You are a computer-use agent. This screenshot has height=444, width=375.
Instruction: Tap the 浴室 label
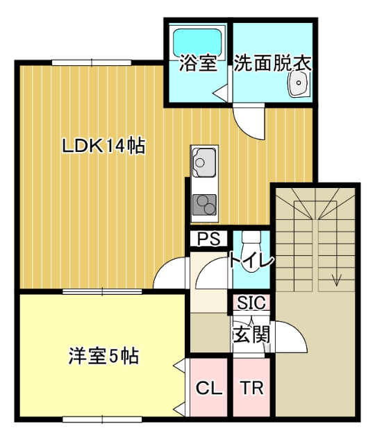[194, 64]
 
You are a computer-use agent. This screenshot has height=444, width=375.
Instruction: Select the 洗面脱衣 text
[271, 64]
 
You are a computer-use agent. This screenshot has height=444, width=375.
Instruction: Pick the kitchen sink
[202, 163]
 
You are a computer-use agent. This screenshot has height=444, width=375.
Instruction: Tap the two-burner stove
[203, 204]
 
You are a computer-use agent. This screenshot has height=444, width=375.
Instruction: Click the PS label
[208, 239]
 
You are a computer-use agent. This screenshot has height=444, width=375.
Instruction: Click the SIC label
[250, 303]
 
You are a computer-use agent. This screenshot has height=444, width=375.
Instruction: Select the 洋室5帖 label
[103, 357]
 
